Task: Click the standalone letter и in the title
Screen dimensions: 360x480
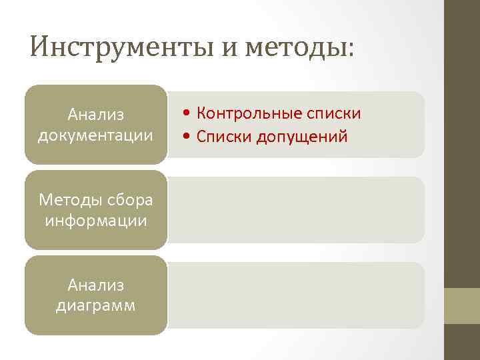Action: tap(228, 48)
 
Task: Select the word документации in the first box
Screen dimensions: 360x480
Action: tap(96, 135)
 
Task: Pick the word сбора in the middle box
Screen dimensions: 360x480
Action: tap(129, 200)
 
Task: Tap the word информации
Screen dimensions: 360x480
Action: tap(96, 220)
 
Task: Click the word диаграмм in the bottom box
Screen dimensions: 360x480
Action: tap(96, 305)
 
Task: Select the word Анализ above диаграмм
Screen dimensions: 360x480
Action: tap(96, 285)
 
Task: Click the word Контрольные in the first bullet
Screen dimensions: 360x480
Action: tap(251, 114)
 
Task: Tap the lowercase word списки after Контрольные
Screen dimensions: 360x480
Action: tap(335, 114)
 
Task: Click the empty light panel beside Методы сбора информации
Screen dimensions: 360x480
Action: tap(297, 209)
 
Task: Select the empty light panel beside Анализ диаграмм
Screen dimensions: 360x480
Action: tap(297, 295)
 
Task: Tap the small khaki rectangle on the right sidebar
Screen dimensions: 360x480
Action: tap(462, 306)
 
